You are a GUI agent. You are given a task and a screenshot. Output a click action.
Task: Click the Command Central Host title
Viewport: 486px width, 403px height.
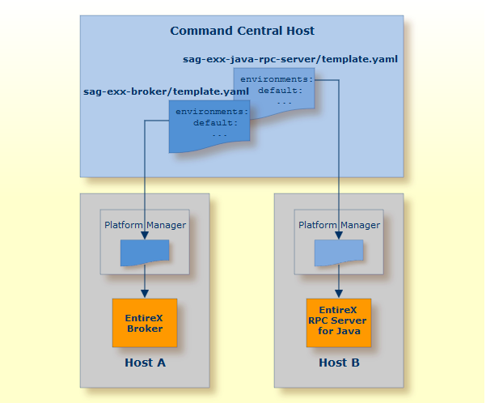coord(242,31)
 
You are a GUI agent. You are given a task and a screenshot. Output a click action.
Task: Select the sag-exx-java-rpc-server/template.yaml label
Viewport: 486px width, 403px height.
coord(290,59)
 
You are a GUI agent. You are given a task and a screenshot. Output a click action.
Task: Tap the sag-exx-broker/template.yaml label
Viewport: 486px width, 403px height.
coord(166,91)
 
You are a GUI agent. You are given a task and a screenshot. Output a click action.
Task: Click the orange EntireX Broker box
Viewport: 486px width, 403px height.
coord(145,323)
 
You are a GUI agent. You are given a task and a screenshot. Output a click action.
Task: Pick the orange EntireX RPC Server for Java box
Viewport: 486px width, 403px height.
coord(339,323)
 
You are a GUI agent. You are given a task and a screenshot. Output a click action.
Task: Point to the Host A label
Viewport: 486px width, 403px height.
coord(145,363)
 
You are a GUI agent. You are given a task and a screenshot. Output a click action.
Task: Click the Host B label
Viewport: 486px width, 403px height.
coord(339,363)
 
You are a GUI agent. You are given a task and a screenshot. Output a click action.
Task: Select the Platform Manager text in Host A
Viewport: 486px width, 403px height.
coord(145,225)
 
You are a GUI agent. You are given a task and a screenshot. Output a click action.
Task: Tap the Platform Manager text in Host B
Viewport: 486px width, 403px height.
coord(339,225)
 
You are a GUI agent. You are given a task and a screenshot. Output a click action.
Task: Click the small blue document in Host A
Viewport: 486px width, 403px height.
coord(145,252)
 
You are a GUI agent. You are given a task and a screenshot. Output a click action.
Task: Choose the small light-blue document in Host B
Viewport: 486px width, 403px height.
coord(339,252)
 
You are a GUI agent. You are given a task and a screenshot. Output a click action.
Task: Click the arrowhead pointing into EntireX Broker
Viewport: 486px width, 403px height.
coord(145,294)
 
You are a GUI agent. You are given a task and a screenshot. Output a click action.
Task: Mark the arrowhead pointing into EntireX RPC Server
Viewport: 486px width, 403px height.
coord(339,294)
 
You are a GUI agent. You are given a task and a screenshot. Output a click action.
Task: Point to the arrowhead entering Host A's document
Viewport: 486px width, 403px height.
coord(145,235)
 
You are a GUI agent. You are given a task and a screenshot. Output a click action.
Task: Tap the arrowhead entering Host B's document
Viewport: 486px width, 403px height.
coord(339,235)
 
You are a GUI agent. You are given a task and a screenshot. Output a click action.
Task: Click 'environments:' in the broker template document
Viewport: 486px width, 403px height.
coord(212,112)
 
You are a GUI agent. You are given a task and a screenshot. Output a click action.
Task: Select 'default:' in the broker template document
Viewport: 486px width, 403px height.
coord(215,123)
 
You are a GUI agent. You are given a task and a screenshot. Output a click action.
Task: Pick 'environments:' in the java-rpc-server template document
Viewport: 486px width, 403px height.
coord(277,79)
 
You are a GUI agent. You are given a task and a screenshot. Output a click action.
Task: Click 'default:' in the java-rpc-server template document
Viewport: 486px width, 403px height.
coord(280,91)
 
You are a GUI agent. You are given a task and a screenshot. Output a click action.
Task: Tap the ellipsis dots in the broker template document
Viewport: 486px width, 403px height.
coord(220,136)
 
